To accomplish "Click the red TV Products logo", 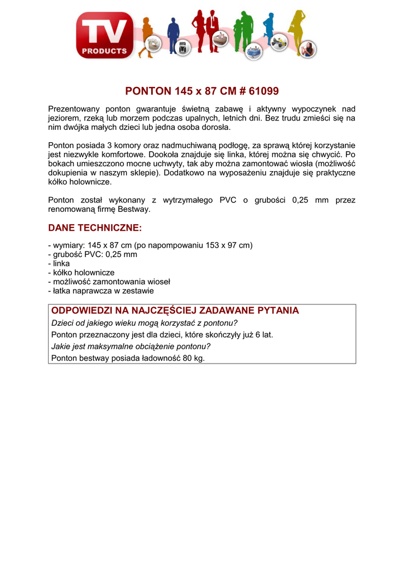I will click(105, 35).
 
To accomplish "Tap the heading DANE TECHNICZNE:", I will click(95, 228).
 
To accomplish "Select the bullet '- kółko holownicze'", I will click(81, 272).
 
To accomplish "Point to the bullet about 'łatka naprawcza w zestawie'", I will click(101, 291).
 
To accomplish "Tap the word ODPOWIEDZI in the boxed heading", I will click(81, 311).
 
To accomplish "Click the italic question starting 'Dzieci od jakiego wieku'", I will click(145, 323).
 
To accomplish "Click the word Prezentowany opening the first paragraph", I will click(74, 109).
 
